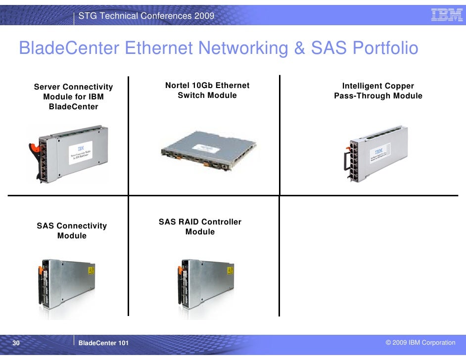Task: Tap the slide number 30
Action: click(x=16, y=343)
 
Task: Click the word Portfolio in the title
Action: click(x=386, y=48)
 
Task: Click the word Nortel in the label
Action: click(x=177, y=86)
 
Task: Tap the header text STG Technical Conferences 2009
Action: click(x=146, y=16)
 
